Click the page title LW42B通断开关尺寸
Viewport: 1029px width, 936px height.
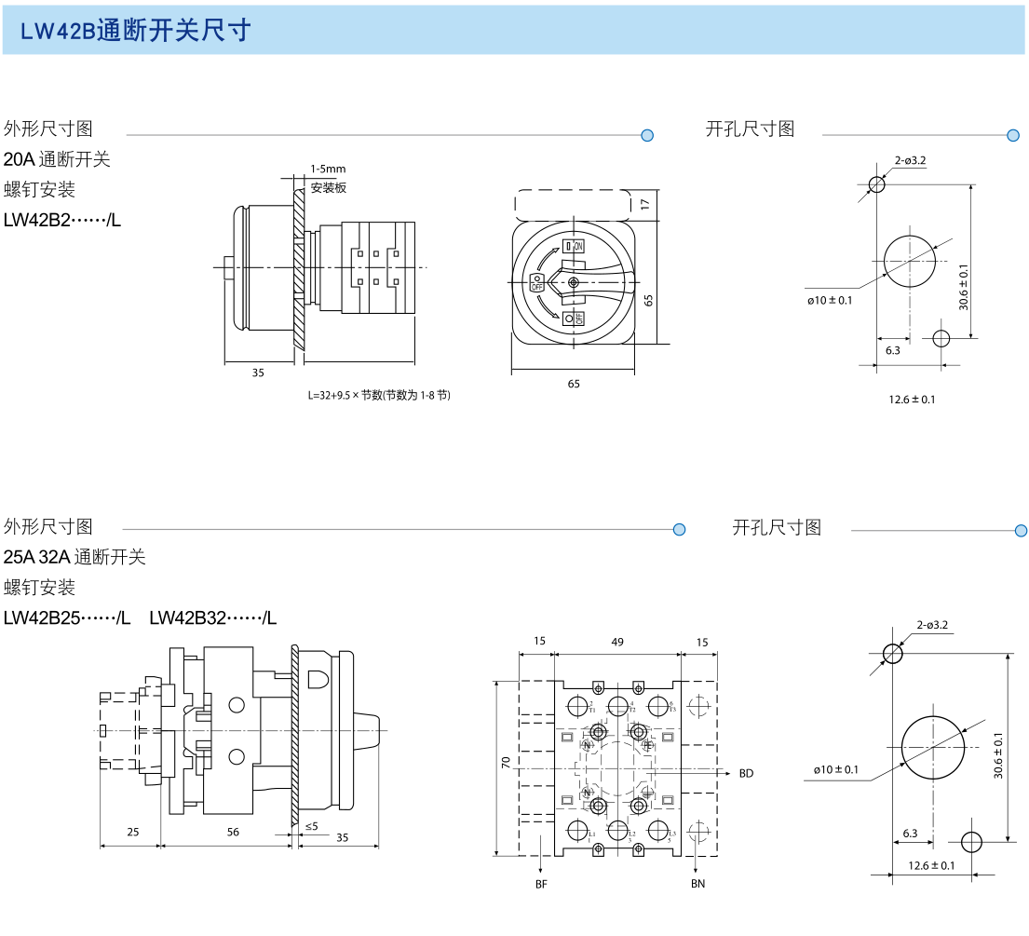click(x=136, y=31)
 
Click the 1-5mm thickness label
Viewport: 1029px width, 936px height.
click(x=328, y=169)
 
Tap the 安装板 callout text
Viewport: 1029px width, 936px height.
click(x=328, y=187)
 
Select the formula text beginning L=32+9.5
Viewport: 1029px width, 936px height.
click(x=380, y=395)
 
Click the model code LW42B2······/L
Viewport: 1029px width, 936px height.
click(x=62, y=221)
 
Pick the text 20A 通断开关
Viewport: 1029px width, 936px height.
click(x=57, y=159)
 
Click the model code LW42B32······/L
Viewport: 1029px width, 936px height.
click(x=212, y=617)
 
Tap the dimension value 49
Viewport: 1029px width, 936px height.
click(x=617, y=642)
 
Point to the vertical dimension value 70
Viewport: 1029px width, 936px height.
click(x=506, y=763)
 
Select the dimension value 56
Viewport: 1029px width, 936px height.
click(x=232, y=832)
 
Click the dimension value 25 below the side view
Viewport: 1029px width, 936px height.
click(x=132, y=832)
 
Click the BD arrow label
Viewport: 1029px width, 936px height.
click(x=746, y=773)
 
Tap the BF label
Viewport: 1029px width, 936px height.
click(x=541, y=883)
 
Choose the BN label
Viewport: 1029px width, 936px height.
click(x=697, y=883)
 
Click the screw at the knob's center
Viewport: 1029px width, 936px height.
click(x=574, y=282)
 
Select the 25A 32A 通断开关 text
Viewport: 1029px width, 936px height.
click(x=74, y=557)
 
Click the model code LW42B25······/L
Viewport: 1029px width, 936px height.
click(x=67, y=617)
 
